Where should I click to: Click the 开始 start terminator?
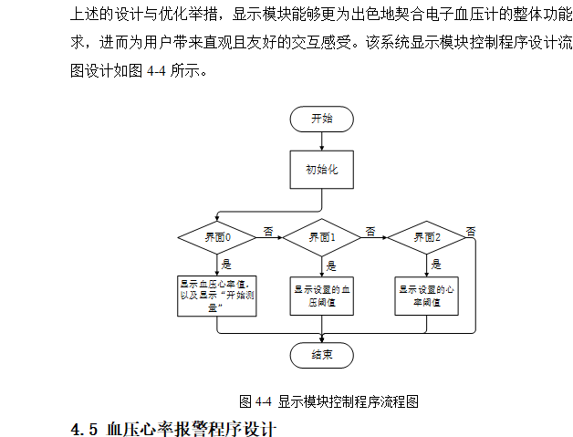(321, 119)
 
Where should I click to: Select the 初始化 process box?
(321, 169)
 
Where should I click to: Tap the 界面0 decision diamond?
(217, 237)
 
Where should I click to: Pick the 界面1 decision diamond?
(321, 237)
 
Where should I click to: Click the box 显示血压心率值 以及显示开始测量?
(217, 296)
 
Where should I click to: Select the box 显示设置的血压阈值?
(321, 296)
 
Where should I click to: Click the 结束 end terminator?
(321, 356)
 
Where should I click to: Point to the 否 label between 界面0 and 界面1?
(267, 230)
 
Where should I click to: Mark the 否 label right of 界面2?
(471, 231)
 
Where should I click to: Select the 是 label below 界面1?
(330, 265)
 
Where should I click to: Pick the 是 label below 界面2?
(435, 265)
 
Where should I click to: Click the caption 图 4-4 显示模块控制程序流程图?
(328, 401)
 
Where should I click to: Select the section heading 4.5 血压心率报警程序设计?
(173, 427)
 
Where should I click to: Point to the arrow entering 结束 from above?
(321, 337)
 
